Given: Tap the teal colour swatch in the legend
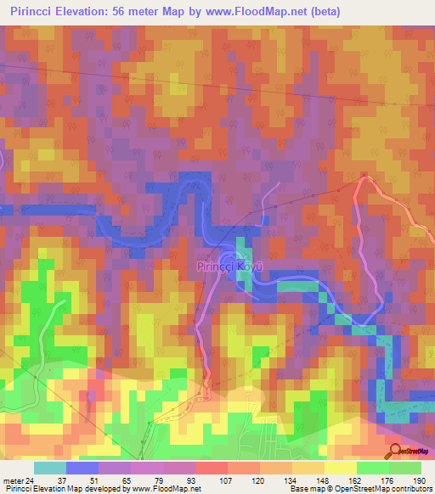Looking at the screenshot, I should tap(49, 468).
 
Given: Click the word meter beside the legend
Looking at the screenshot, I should tap(14, 480).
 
